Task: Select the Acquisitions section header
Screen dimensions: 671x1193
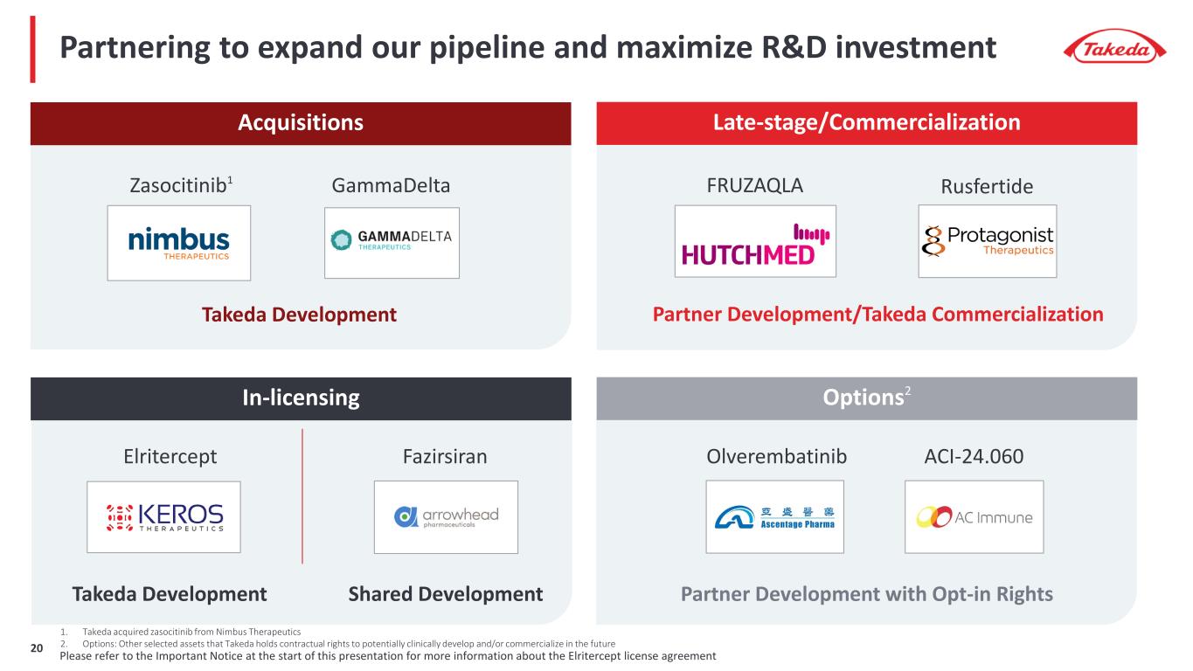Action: tap(301, 123)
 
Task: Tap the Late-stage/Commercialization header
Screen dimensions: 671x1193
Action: tap(866, 123)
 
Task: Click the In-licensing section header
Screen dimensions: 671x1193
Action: tap(301, 398)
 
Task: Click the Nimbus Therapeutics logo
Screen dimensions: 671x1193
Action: tap(179, 242)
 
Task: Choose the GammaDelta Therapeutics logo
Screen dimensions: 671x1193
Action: tap(392, 242)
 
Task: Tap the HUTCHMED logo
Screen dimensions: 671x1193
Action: tap(755, 241)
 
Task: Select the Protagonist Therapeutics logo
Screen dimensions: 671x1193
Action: tap(987, 241)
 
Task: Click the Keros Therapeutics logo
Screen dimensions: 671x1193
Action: tap(163, 516)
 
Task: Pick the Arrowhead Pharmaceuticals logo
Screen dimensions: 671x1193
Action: tap(446, 516)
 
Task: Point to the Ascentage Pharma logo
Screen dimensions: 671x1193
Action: tap(774, 516)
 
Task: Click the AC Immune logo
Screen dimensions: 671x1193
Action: tap(974, 517)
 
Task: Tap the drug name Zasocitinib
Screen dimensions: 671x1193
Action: tap(179, 186)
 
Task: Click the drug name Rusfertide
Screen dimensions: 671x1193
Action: tap(987, 187)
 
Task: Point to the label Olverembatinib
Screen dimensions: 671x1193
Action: tap(775, 457)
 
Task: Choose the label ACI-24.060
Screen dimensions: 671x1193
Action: tap(974, 457)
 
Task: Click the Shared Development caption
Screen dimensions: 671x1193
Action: tap(446, 595)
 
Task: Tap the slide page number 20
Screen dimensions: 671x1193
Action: tap(37, 648)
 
